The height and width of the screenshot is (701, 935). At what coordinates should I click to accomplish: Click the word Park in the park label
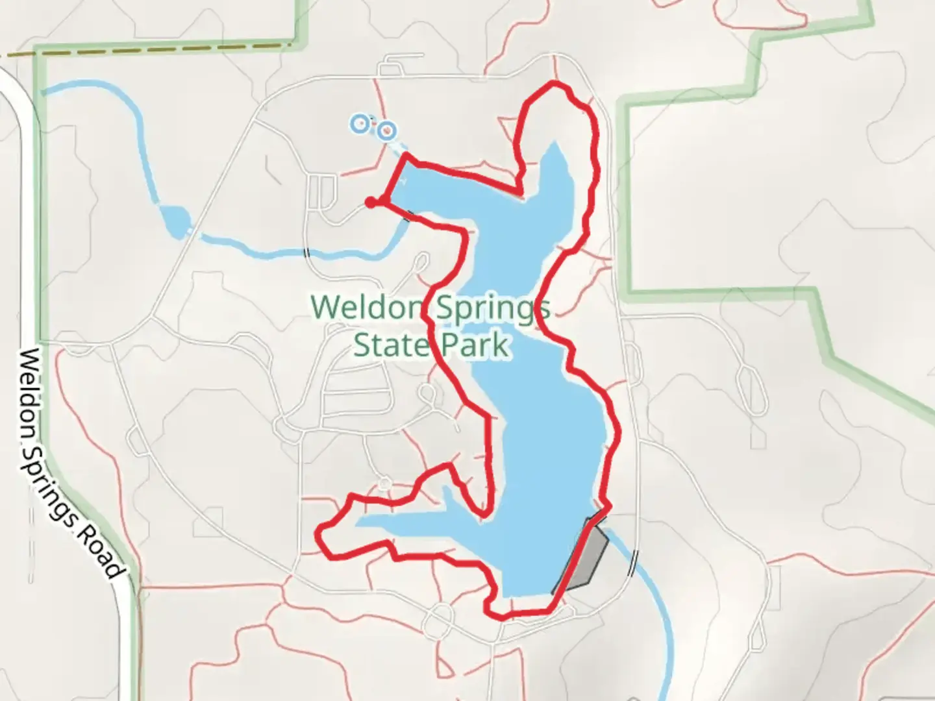click(x=474, y=344)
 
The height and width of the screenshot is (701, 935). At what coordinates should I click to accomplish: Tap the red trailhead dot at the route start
click(x=370, y=203)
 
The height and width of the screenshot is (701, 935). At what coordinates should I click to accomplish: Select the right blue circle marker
click(x=387, y=131)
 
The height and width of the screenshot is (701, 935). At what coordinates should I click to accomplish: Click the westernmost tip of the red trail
click(x=318, y=534)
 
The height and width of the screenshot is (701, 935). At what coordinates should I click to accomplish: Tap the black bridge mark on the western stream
click(x=307, y=252)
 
